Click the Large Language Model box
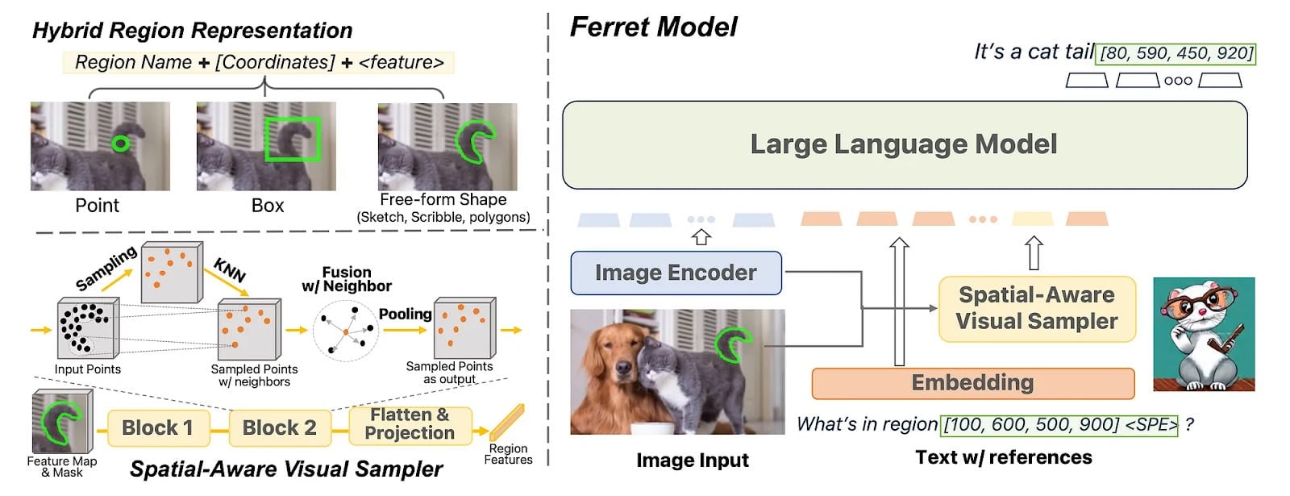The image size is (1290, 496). pyautogui.click(x=904, y=144)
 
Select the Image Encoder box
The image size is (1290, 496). pyautogui.click(x=676, y=273)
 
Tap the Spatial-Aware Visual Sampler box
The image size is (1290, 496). pyautogui.click(x=1037, y=308)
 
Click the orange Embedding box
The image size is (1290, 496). pyautogui.click(x=972, y=383)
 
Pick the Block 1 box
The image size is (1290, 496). pyautogui.click(x=158, y=427)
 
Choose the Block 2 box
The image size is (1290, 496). pyautogui.click(x=279, y=427)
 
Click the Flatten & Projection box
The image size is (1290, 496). pyautogui.click(x=410, y=424)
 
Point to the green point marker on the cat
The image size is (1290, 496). pyautogui.click(x=120, y=144)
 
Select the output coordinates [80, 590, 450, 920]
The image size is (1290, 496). pyautogui.click(x=1176, y=53)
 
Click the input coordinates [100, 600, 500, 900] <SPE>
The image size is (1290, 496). pyautogui.click(x=1060, y=424)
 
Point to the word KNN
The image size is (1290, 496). pyautogui.click(x=230, y=269)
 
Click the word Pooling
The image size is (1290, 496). pyautogui.click(x=406, y=314)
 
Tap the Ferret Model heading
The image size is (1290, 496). pyautogui.click(x=653, y=27)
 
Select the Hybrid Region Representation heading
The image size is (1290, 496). pyautogui.click(x=192, y=31)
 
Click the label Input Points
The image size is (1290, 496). pyautogui.click(x=87, y=369)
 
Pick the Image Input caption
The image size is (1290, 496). pyautogui.click(x=692, y=461)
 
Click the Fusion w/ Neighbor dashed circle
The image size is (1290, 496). pyautogui.click(x=346, y=330)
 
